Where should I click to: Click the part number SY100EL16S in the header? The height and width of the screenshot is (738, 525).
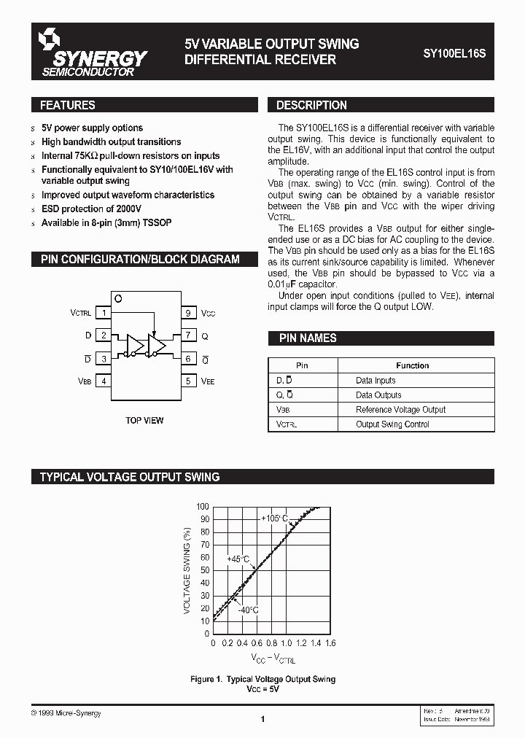[x=454, y=53]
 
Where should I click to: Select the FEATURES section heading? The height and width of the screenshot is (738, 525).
[x=67, y=105]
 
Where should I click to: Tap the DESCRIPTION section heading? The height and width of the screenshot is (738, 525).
[x=311, y=105]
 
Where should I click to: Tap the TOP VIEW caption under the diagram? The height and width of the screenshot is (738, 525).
[x=145, y=421]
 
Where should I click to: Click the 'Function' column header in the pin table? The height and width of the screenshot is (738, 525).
[x=412, y=365]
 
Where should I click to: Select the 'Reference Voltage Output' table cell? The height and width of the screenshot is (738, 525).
[x=400, y=410]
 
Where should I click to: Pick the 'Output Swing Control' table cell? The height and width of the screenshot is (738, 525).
[x=392, y=424]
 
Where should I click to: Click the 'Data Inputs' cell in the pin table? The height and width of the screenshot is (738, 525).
[x=376, y=381]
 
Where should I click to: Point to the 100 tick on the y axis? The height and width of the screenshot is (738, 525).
[x=202, y=506]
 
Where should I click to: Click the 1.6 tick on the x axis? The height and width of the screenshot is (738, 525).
[x=330, y=644]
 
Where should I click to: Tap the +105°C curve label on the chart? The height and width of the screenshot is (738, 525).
[x=275, y=518]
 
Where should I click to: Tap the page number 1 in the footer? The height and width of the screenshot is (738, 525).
[x=262, y=720]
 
